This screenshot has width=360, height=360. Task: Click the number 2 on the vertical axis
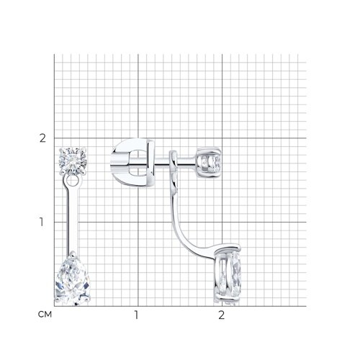point(42,138)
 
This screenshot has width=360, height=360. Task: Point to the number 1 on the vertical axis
point(42,222)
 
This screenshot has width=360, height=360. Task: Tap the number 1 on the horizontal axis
point(137,315)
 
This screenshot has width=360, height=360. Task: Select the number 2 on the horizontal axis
point(222,315)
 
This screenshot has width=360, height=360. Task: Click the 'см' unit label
point(45,315)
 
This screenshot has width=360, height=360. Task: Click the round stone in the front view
point(73,161)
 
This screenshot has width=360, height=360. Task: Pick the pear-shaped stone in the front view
point(73,279)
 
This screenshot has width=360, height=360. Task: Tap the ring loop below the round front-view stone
point(72,181)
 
